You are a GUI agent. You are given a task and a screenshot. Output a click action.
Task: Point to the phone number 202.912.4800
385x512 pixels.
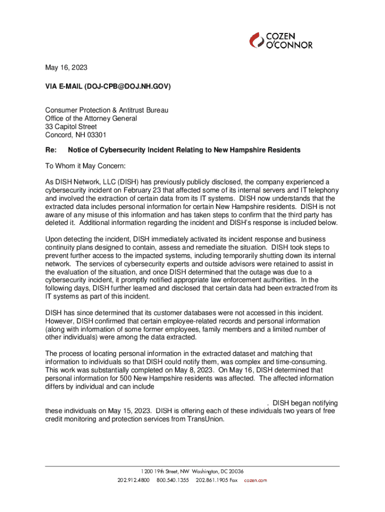pos(133,480)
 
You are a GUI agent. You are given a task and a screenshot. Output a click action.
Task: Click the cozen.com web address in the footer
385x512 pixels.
pos(255,480)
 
